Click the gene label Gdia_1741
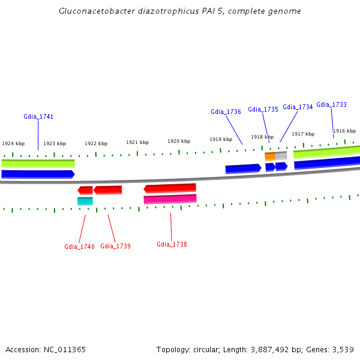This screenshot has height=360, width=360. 38,116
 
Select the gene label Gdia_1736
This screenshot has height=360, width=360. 226,112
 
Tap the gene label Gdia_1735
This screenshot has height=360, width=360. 263,109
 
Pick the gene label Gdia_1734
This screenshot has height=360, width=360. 298,107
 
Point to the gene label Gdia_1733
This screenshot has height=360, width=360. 331,104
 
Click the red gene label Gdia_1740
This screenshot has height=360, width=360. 79,247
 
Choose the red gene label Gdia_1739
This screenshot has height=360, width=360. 115,246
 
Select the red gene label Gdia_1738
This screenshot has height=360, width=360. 172,244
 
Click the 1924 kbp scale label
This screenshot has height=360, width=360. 13,143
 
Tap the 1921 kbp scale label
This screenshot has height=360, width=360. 137,142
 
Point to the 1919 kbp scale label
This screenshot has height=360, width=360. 221,139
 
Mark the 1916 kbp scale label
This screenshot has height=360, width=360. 344,131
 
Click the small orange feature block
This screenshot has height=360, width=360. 270,156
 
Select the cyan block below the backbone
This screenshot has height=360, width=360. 85,201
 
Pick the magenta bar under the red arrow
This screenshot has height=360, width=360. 170,199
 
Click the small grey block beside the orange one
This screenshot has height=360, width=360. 281,155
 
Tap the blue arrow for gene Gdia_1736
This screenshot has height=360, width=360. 243,169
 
